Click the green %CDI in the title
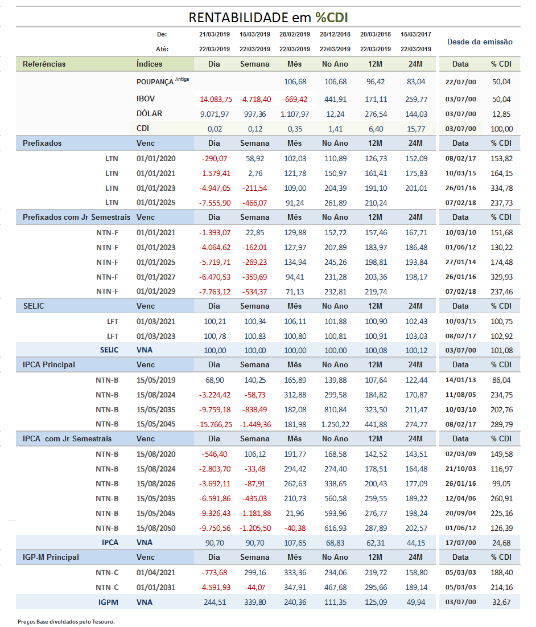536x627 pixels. click(x=332, y=18)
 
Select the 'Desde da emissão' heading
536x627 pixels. click(x=480, y=42)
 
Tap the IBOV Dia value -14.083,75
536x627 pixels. click(x=215, y=99)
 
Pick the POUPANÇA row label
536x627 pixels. click(x=155, y=81)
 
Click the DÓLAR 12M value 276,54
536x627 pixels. click(x=376, y=114)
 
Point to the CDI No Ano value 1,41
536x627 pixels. click(x=336, y=129)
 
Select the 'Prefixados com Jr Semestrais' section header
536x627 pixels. click(x=76, y=217)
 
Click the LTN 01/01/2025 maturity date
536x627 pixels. click(x=156, y=202)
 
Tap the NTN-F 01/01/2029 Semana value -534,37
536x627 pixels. click(x=255, y=292)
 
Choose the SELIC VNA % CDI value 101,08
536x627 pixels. click(x=502, y=350)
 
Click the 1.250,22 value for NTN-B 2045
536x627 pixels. click(x=336, y=424)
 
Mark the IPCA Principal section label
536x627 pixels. click(x=49, y=364)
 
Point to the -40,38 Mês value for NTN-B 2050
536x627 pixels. click(x=295, y=528)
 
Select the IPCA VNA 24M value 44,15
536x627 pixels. click(x=416, y=543)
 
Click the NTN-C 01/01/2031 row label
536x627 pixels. click(x=107, y=587)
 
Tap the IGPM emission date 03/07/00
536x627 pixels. click(x=460, y=602)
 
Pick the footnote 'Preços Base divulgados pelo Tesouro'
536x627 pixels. click(x=67, y=621)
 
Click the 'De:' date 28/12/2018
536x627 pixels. click(x=335, y=34)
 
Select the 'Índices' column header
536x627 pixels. click(x=150, y=64)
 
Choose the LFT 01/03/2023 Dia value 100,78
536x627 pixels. click(x=215, y=336)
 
